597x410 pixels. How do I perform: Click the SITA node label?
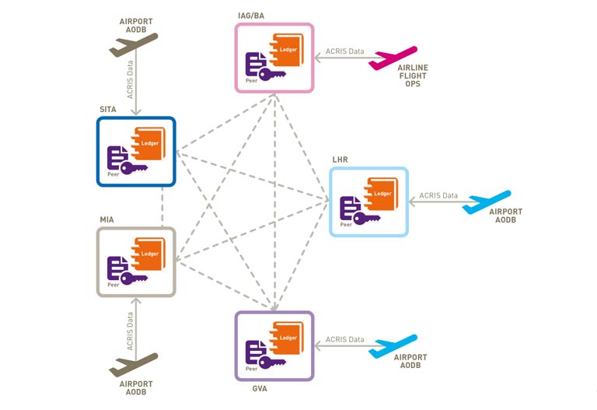[107, 110]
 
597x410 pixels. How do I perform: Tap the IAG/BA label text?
[252, 16]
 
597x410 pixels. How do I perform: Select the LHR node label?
[340, 160]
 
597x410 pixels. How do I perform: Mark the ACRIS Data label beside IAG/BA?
[345, 51]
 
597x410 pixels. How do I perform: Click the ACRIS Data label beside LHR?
[438, 196]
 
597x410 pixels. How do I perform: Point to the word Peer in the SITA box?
[113, 176]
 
